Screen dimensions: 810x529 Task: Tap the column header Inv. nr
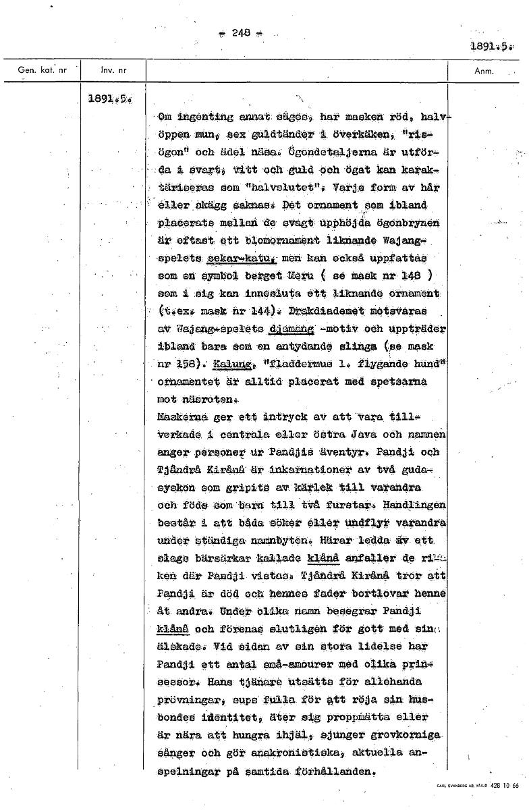click(x=111, y=70)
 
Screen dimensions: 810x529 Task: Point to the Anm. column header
click(x=485, y=70)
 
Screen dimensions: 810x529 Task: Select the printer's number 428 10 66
click(x=505, y=786)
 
